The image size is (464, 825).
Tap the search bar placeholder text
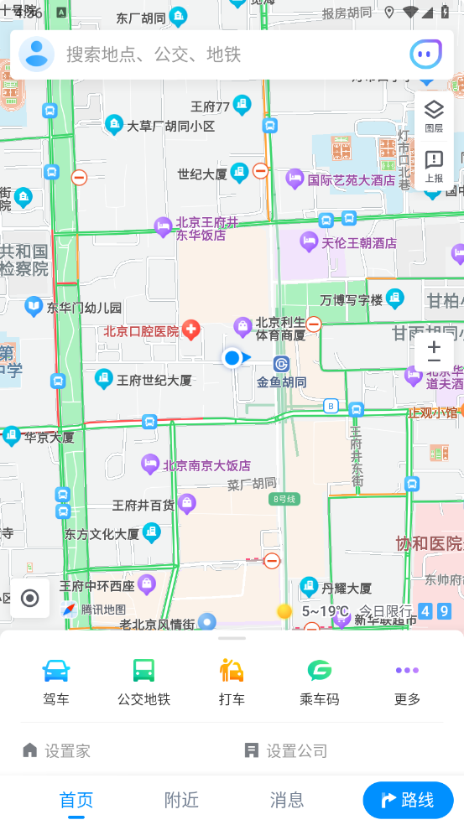coord(154,54)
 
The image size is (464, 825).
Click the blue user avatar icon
coord(37,54)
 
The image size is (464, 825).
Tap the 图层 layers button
coord(434,115)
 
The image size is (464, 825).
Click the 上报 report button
coord(434,165)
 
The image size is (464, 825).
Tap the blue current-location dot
coord(232,358)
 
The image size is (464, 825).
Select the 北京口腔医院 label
coord(142,331)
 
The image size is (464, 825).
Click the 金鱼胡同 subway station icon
coord(281,364)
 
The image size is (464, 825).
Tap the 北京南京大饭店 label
coord(206,465)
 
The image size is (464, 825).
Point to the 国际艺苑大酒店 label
coord(351,179)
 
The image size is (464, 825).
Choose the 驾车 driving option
coord(56,681)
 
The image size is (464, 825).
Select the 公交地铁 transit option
coord(143,681)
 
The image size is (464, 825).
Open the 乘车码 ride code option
coord(319,681)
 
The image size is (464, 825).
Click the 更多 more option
coord(407,681)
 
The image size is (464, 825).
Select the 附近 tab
coord(181,800)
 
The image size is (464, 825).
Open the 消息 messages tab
coord(287,800)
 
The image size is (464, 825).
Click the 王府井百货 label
coord(143,506)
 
